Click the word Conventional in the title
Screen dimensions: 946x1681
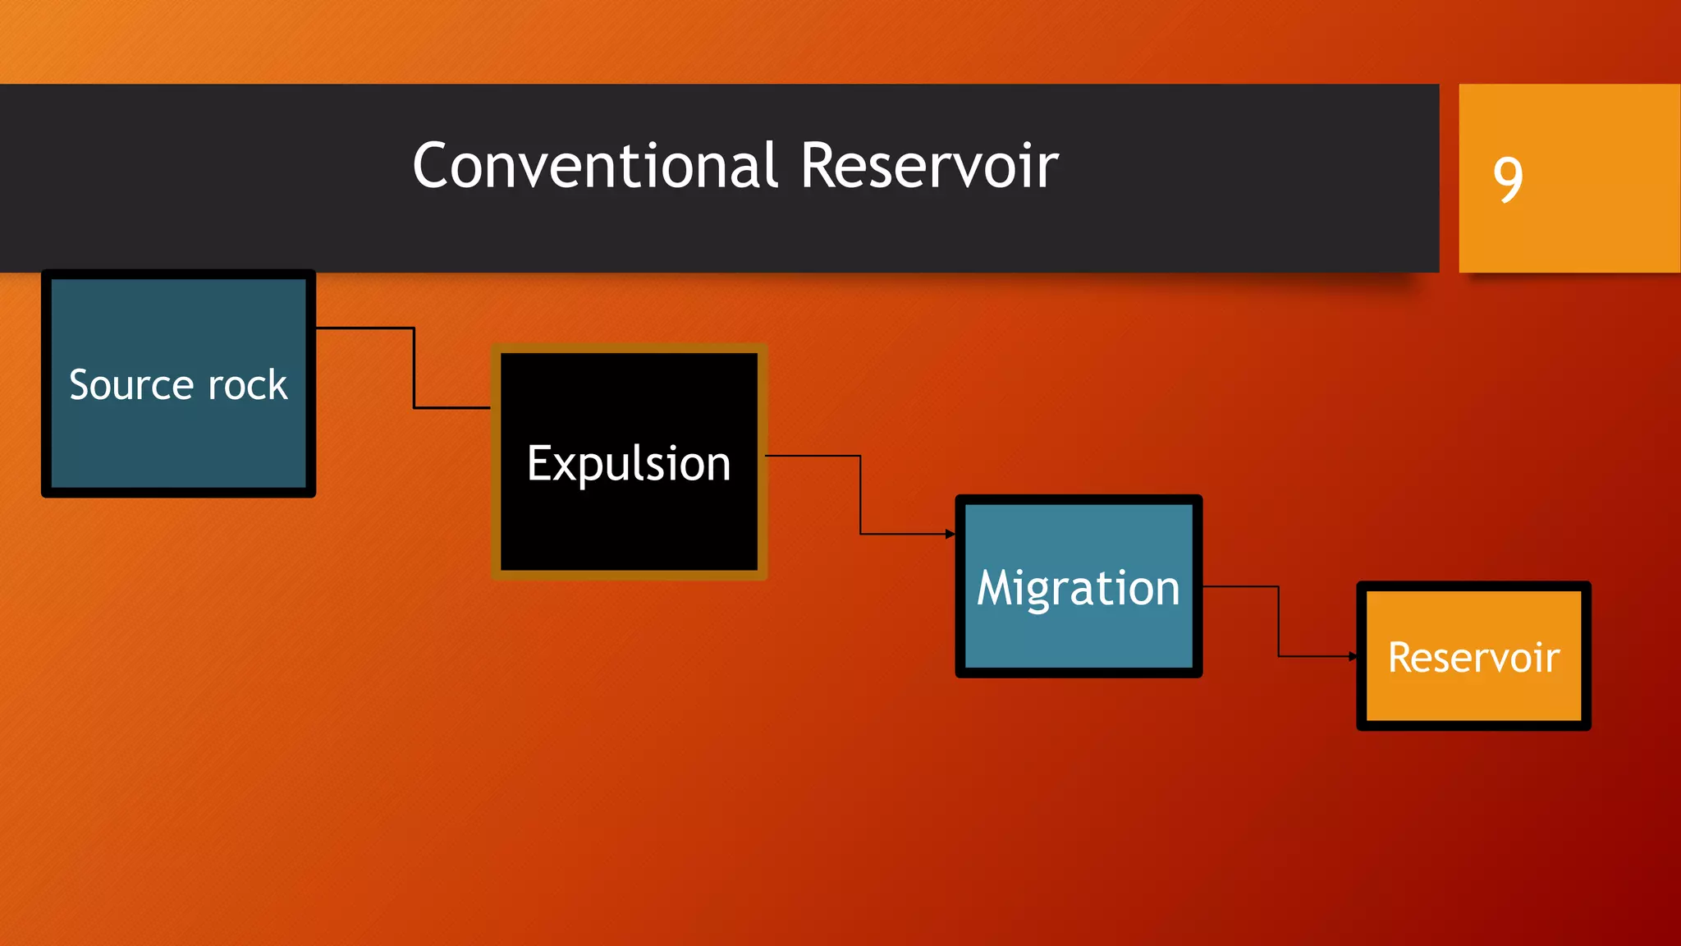[594, 166]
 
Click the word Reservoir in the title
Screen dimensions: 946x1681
[929, 166]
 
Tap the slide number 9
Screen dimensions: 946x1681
[1508, 179]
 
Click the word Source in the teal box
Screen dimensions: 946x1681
[131, 385]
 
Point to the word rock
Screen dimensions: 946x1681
[248, 385]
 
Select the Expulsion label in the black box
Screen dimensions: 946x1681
[629, 464]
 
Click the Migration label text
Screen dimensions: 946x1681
[1079, 589]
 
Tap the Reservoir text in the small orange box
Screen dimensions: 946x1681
[1473, 658]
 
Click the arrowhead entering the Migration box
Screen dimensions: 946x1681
[950, 535]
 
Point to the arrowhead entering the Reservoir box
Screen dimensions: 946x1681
[1353, 656]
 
